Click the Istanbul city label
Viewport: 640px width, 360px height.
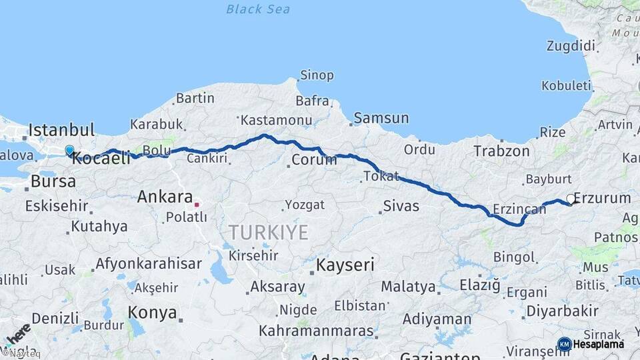[61, 129]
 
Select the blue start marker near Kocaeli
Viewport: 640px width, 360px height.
[69, 151]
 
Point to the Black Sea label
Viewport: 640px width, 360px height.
[258, 9]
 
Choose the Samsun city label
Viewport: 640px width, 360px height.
[381, 118]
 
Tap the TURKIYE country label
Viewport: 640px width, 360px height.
[269, 233]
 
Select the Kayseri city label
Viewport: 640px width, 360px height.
[345, 265]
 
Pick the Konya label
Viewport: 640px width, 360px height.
[153, 313]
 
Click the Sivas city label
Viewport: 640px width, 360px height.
[401, 206]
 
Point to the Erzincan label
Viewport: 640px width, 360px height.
[520, 209]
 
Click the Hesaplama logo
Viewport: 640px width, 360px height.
[591, 344]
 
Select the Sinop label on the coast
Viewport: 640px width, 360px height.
[317, 75]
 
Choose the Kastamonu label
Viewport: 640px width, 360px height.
[277, 120]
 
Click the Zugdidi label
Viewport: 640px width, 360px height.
[570, 46]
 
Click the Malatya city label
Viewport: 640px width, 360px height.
[408, 287]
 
